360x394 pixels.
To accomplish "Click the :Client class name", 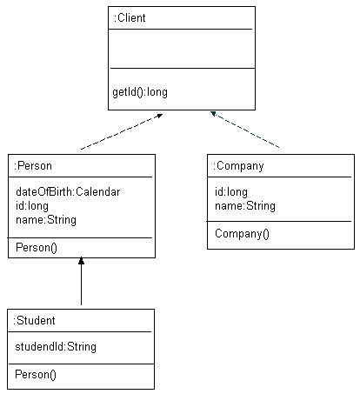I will pyautogui.click(x=130, y=18).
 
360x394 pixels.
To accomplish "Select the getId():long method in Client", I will pyautogui.click(x=139, y=90).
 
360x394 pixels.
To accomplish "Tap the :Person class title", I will pyautogui.click(x=35, y=165).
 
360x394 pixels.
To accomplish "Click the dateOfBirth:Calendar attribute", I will pyautogui.click(x=68, y=192).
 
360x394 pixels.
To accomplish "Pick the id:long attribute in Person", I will pyautogui.click(x=32, y=206).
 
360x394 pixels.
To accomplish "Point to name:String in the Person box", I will pyautogui.click(x=46, y=220).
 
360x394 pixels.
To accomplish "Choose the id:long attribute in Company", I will pyautogui.click(x=231, y=192).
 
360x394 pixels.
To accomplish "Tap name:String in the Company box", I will pyautogui.click(x=245, y=206).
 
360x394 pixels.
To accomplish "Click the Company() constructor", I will pyautogui.click(x=243, y=233).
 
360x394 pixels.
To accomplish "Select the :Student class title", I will pyautogui.click(x=36, y=320).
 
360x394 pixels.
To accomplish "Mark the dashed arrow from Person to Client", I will pyautogui.click(x=122, y=132).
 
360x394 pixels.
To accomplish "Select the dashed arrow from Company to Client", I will pyautogui.click(x=245, y=130).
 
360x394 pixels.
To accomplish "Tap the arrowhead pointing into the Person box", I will pyautogui.click(x=81, y=262).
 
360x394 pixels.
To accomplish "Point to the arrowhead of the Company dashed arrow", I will pyautogui.click(x=213, y=114).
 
